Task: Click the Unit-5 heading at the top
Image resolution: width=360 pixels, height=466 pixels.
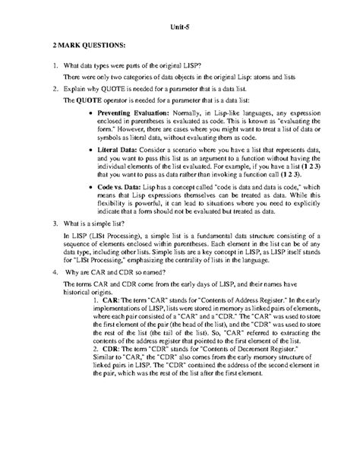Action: pyautogui.click(x=179, y=30)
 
